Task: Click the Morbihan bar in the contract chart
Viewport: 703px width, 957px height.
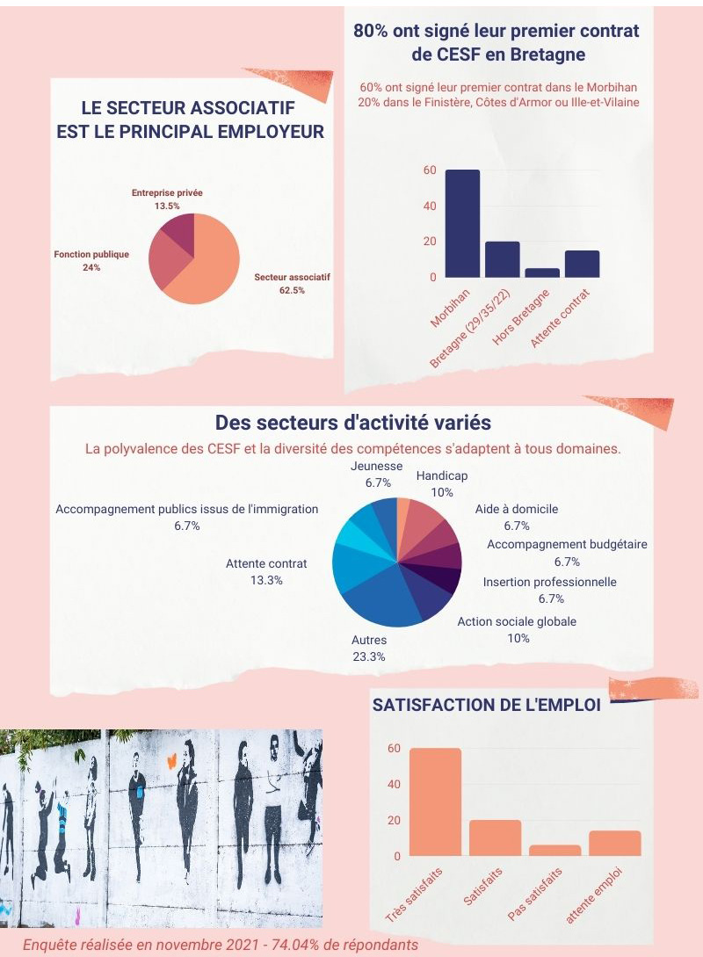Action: [x=462, y=224]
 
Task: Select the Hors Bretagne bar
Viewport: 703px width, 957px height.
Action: [x=542, y=273]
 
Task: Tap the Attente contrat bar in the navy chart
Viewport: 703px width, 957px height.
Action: [x=582, y=265]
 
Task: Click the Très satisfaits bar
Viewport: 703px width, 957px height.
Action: [x=435, y=802]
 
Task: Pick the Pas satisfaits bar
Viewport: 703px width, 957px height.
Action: [x=555, y=851]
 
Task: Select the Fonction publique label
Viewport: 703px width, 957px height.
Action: [x=91, y=260]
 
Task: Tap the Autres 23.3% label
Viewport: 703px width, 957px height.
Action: [x=369, y=648]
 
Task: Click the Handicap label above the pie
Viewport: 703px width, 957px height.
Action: [x=442, y=482]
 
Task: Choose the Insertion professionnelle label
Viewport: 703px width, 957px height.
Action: [x=550, y=590]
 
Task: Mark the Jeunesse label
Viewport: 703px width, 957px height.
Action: [x=376, y=474]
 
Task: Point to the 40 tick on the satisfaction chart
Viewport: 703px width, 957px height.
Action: [x=395, y=785]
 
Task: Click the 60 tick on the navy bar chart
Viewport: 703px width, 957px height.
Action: [x=430, y=170]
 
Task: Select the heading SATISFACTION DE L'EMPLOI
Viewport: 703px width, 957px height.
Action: [x=487, y=705]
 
